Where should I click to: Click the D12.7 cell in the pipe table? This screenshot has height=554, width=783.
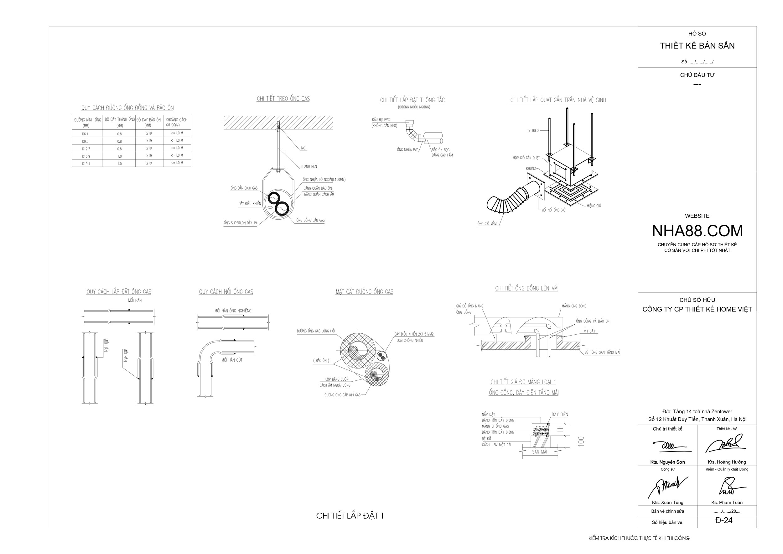coord(86,149)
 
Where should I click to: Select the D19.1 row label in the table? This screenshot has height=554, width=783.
coord(86,164)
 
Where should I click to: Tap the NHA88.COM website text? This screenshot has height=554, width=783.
coord(697,231)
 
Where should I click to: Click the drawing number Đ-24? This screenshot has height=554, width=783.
coord(724,520)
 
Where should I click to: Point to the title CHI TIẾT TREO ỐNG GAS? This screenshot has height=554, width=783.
coord(283,99)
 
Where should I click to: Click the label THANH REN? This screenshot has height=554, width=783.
coord(309,166)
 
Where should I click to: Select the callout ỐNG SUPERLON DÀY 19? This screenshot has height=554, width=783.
coord(240,223)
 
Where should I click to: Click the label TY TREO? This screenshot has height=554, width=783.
coord(533,131)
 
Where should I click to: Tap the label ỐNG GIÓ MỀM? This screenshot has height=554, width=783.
coord(487,224)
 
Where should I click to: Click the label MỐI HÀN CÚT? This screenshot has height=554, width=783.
coord(232,360)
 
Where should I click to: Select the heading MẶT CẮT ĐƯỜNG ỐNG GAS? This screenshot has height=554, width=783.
coord(364,292)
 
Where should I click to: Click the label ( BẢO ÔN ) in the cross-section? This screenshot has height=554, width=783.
coord(321,361)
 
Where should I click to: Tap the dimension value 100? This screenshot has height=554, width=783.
coord(581,441)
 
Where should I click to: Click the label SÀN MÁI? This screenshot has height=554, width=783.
coord(540,452)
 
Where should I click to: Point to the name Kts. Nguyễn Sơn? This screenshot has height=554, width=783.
coord(667,462)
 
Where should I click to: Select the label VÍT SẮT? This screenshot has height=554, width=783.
coord(589,331)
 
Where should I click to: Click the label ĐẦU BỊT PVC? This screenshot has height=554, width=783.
coord(381,120)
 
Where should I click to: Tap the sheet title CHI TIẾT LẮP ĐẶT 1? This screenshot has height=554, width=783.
coord(350,516)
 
